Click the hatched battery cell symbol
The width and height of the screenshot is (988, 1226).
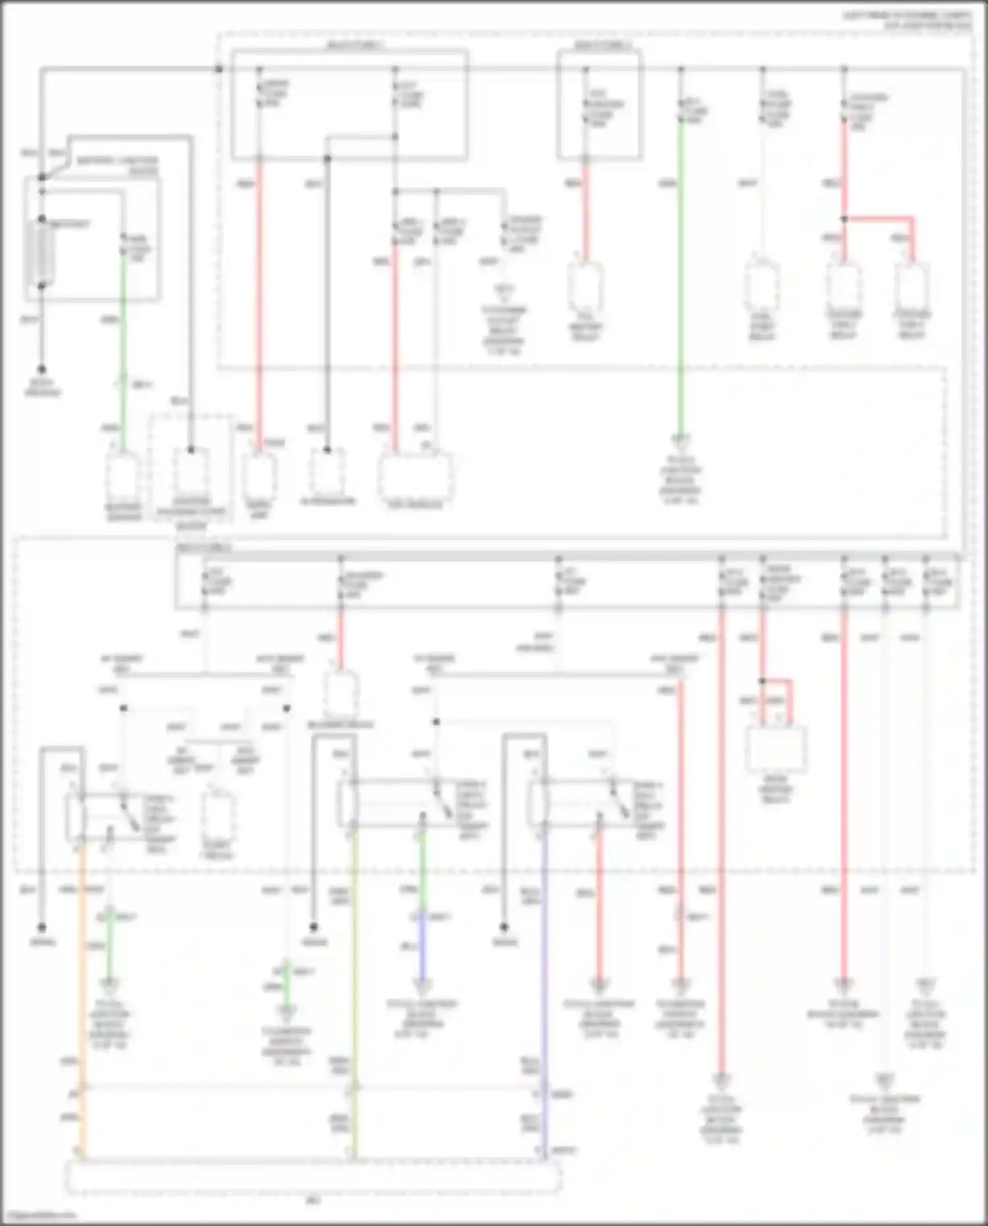(x=40, y=253)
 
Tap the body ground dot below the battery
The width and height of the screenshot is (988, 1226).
(x=41, y=370)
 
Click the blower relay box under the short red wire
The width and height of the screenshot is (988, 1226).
(x=341, y=694)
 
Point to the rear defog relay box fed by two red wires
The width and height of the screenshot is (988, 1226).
(x=776, y=749)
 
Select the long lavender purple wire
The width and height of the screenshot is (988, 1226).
(x=544, y=988)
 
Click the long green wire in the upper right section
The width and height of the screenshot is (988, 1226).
(x=681, y=277)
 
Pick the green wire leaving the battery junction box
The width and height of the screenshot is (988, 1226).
(x=123, y=343)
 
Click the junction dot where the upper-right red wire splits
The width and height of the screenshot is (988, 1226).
(x=844, y=219)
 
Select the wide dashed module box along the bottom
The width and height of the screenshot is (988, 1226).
(x=313, y=1177)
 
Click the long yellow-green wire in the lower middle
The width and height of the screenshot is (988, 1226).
(x=354, y=988)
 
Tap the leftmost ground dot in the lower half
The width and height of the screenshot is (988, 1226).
(x=41, y=928)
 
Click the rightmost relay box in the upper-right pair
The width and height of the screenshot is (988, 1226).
(x=912, y=287)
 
